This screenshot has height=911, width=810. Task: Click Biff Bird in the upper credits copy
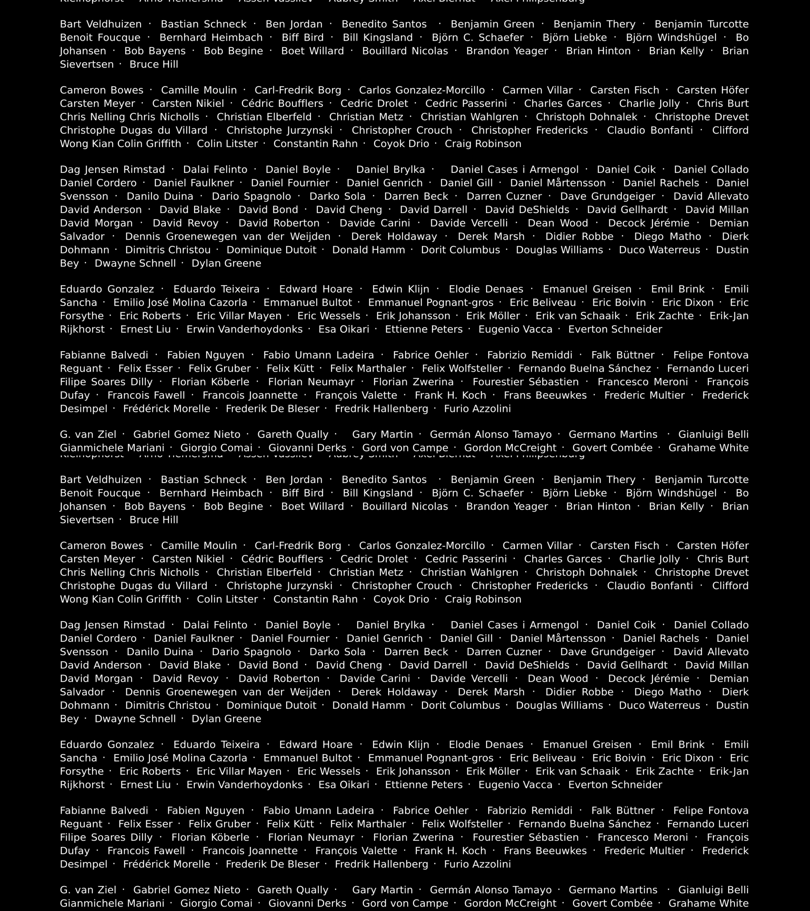303,37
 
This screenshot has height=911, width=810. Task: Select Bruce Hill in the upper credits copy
154,64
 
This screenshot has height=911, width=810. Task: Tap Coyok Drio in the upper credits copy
401,144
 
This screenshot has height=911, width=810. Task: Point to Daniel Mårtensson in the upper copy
558,183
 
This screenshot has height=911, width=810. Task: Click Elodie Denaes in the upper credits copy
486,289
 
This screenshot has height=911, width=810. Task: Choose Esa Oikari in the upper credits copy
344,329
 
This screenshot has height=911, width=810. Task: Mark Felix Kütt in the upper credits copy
290,368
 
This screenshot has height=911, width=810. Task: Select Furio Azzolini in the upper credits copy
477,408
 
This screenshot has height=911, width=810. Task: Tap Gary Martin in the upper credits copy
383,434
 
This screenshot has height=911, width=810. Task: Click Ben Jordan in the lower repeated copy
294,480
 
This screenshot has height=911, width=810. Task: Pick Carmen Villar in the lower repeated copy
537,546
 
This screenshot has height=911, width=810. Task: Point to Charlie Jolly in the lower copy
649,559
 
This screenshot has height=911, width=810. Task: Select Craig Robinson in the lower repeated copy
483,599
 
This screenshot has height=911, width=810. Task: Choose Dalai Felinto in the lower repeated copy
215,625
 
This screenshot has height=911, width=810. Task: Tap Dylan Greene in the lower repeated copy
226,718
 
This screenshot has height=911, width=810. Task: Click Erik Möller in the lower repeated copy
493,771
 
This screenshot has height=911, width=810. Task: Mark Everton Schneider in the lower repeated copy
615,784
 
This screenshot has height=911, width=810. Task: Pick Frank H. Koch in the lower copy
450,850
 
